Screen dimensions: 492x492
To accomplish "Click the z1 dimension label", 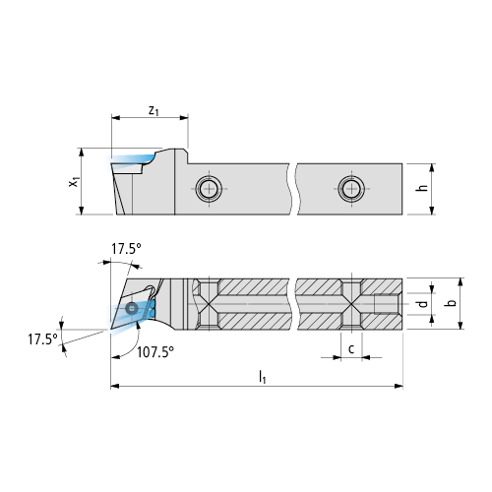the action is tap(154, 111).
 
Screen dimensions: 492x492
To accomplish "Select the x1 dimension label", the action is tap(75, 181).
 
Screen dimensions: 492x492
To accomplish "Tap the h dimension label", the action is tap(423, 188).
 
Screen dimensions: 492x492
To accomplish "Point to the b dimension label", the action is tap(452, 302).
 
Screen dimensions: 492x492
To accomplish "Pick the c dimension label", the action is tap(351, 348).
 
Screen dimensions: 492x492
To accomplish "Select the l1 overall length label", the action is tap(262, 377).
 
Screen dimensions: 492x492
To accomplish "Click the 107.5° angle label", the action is tap(155, 352).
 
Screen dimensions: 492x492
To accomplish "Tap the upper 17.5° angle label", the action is tap(126, 249).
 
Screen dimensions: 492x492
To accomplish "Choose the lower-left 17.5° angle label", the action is tap(42, 338).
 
